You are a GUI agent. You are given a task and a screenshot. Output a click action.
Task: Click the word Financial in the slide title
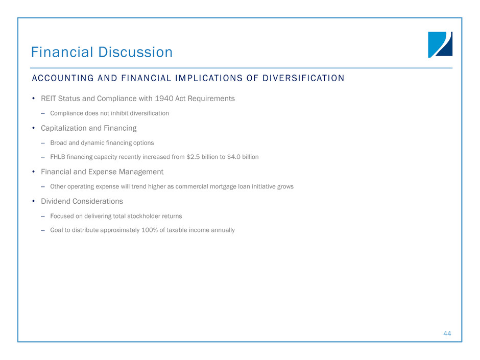point(62,52)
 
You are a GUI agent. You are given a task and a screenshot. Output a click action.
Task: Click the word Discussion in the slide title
point(135,52)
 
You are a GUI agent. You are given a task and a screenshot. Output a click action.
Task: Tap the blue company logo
point(440,45)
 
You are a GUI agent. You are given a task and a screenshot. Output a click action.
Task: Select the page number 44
point(447,333)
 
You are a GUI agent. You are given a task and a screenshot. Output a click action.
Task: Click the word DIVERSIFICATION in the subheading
point(303,78)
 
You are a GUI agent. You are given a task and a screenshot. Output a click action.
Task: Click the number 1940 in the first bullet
point(164,98)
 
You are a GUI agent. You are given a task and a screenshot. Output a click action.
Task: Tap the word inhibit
point(119,113)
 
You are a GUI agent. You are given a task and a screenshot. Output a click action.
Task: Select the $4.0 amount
point(233,157)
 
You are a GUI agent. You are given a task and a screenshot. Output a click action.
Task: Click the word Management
point(141,172)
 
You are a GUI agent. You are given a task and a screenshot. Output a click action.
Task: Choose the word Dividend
point(54,201)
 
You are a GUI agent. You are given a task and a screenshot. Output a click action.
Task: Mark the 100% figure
point(150,230)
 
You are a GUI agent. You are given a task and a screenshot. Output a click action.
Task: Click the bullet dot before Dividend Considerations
point(33,201)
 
